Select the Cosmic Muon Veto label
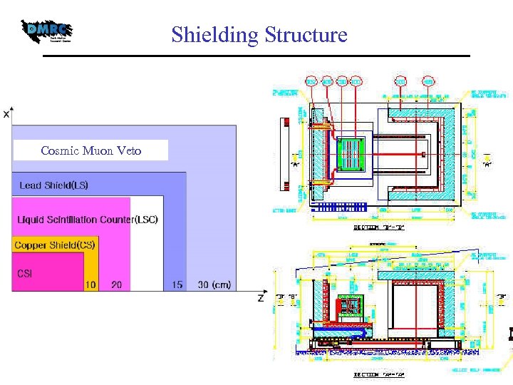click(91, 150)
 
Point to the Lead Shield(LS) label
click(54, 185)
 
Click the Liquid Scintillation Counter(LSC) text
click(88, 219)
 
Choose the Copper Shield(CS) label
click(55, 245)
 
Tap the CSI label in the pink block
click(25, 273)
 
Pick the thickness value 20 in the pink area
click(116, 284)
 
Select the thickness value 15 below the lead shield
click(177, 284)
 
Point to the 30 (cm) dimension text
click(214, 284)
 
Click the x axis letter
click(6, 113)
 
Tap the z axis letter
click(261, 299)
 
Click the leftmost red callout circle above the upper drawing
click(311, 81)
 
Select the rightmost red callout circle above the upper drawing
click(428, 81)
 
